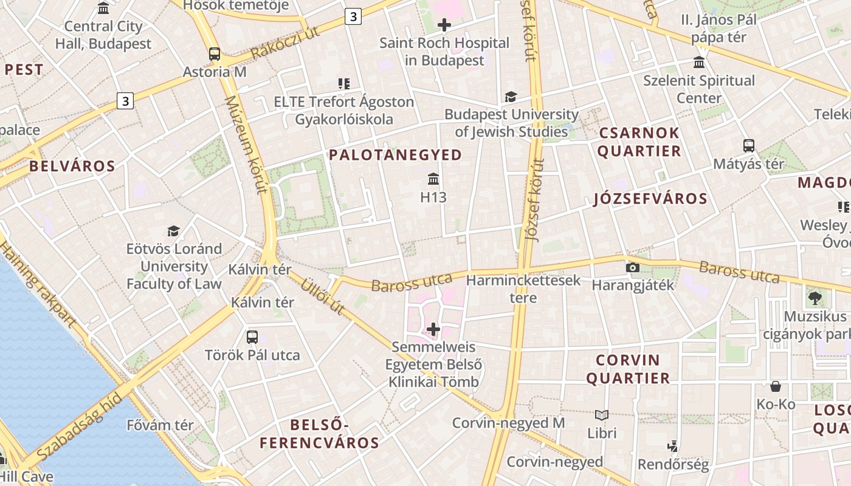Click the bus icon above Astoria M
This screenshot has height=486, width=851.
click(215, 53)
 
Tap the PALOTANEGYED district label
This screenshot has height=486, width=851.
click(396, 155)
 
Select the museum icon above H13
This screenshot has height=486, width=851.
click(433, 179)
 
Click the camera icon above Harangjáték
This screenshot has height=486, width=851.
click(632, 267)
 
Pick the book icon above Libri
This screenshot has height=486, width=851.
click(602, 415)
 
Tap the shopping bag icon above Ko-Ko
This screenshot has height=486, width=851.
click(776, 386)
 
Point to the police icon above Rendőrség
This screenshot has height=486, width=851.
click(672, 447)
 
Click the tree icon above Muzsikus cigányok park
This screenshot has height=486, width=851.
click(815, 298)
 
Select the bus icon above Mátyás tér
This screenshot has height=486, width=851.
click(749, 146)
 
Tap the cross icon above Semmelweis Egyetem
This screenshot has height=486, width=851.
click(433, 329)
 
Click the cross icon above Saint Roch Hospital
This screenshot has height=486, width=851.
click(444, 25)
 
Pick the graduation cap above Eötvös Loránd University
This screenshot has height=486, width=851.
click(174, 231)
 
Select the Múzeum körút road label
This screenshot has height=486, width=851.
click(246, 145)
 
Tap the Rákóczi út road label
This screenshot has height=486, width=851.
click(284, 43)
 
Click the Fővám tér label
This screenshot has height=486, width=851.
click(160, 425)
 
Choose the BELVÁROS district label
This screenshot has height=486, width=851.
click(72, 166)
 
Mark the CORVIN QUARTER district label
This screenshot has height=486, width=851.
click(628, 369)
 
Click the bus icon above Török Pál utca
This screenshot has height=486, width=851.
click(252, 337)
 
